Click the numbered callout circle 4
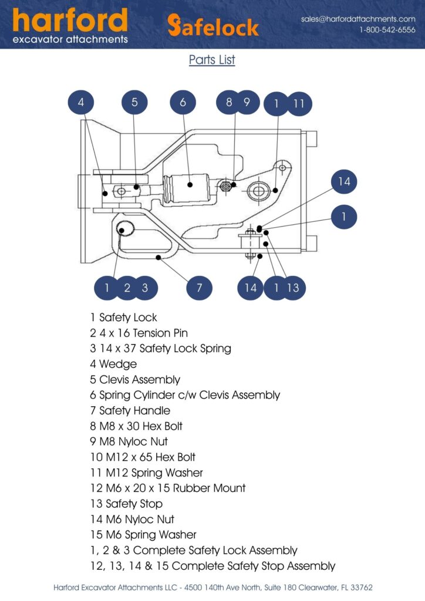[x=81, y=103]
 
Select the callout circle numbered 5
[x=134, y=103]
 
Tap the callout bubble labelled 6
[x=183, y=103]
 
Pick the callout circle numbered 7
[x=200, y=288]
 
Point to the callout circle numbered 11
[x=299, y=103]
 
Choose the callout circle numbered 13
[x=293, y=288]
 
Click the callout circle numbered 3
[x=145, y=288]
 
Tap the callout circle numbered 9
[x=247, y=103]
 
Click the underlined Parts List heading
[x=212, y=60]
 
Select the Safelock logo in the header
[x=212, y=26]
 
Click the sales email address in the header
[x=358, y=19]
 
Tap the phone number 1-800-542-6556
[x=387, y=30]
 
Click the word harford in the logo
[x=70, y=21]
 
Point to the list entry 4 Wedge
[x=113, y=364]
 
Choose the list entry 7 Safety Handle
[x=130, y=410]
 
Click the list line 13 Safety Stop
[x=126, y=504]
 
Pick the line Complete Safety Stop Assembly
[x=212, y=566]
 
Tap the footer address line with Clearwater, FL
[x=212, y=587]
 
